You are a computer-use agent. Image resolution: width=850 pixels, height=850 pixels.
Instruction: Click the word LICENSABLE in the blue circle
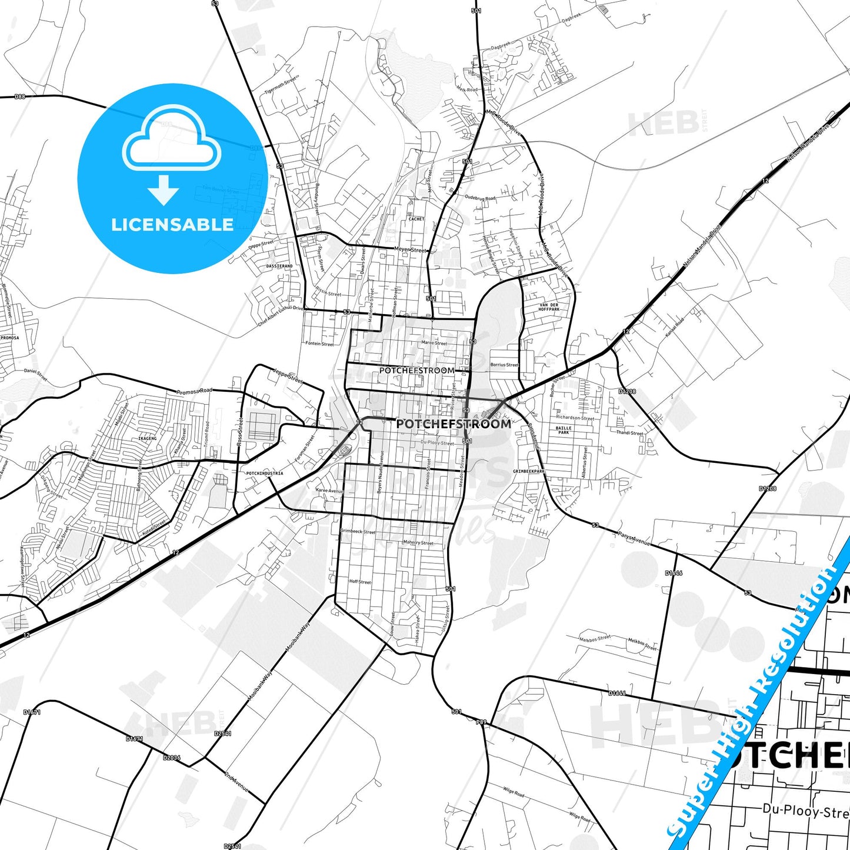172,225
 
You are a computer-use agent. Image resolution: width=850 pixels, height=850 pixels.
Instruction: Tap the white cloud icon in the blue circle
171,142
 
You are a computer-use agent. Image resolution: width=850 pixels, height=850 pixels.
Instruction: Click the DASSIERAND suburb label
279,266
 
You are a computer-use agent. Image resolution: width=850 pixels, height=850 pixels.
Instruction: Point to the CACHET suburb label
416,219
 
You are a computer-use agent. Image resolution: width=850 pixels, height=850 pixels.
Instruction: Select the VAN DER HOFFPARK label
549,307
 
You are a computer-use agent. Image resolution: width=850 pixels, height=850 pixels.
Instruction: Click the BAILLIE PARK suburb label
564,430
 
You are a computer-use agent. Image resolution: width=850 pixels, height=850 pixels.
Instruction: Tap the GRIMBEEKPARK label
529,471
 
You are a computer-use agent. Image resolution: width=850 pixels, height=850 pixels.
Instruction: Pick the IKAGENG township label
147,438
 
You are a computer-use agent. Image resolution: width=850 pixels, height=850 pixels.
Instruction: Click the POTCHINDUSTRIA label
264,473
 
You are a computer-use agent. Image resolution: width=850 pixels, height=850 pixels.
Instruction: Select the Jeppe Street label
288,375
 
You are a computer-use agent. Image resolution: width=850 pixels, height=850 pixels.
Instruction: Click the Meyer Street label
410,249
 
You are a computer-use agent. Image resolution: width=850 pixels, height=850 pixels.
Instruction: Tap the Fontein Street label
319,344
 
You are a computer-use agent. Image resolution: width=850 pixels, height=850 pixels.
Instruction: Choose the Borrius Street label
505,365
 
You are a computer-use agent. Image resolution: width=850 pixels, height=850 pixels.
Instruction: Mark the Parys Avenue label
634,538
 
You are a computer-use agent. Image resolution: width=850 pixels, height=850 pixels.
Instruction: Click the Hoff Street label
360,581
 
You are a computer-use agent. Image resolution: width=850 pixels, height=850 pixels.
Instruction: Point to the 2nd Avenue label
236,781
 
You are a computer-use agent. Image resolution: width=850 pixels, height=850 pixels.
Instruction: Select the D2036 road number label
172,758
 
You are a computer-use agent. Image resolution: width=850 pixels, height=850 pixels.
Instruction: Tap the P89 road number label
481,722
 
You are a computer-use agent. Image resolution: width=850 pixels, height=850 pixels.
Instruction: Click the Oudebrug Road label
480,198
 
